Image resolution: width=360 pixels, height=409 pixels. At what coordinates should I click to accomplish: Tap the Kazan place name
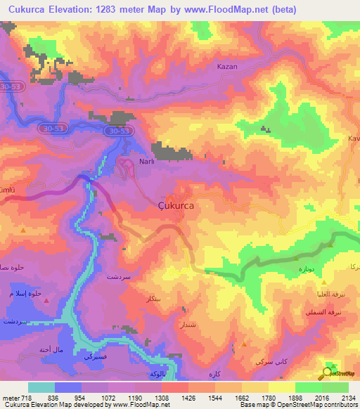228,66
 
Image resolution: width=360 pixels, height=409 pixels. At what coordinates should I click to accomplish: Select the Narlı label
147,162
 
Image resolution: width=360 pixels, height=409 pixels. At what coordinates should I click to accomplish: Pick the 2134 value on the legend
347,397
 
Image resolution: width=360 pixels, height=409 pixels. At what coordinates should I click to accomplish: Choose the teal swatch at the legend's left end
41,387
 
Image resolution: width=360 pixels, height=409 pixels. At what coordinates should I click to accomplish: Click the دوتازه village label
298,268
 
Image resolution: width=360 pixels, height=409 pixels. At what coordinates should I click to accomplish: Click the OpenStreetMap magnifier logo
328,373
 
